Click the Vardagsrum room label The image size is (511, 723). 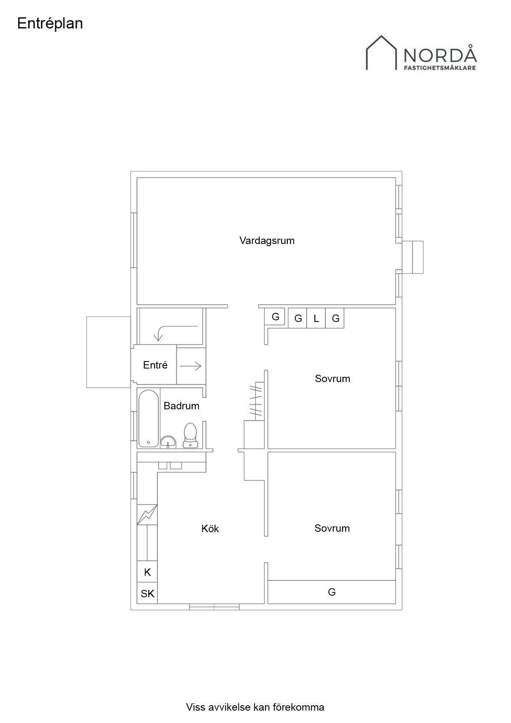coord(267,241)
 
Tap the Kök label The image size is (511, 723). coord(210,528)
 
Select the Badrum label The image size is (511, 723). coord(181,406)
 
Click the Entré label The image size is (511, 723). coord(155,365)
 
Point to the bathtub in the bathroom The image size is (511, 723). coord(148,418)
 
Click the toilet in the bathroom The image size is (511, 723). coord(190,435)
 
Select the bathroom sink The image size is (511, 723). coord(168,442)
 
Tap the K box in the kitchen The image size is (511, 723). coord(147,572)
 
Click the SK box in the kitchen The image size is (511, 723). coord(147,594)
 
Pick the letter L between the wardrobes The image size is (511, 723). coord(316,318)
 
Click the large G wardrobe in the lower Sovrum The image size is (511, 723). coord(332,592)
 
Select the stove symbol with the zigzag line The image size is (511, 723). coord(147,515)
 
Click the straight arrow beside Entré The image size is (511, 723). coord(190,366)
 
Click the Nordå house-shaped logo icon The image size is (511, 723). coord(381,52)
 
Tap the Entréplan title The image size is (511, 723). coord(50,23)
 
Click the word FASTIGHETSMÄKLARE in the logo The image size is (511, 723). coord(440,68)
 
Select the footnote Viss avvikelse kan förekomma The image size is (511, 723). coord(255,707)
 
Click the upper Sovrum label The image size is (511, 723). coord(333,378)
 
